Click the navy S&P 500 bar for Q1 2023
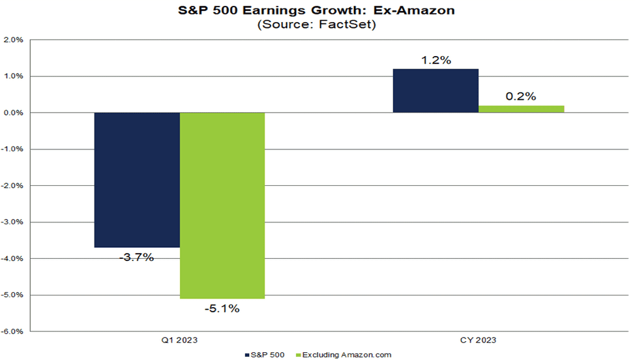coord(137,179)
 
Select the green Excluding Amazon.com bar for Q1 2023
coord(222,205)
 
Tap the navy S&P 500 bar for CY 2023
coord(436,91)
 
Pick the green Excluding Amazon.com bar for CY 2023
coord(521,109)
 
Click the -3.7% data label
coord(137,257)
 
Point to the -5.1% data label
coord(222,308)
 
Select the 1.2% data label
coord(436,60)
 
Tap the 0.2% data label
coord(521,97)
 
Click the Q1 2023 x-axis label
coord(180,340)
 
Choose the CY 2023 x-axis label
coord(479,340)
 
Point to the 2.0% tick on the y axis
coord(14,40)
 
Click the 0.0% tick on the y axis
coord(14,113)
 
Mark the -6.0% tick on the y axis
coord(13,331)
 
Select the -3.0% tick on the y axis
coord(13,222)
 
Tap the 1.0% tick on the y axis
coord(14,76)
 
